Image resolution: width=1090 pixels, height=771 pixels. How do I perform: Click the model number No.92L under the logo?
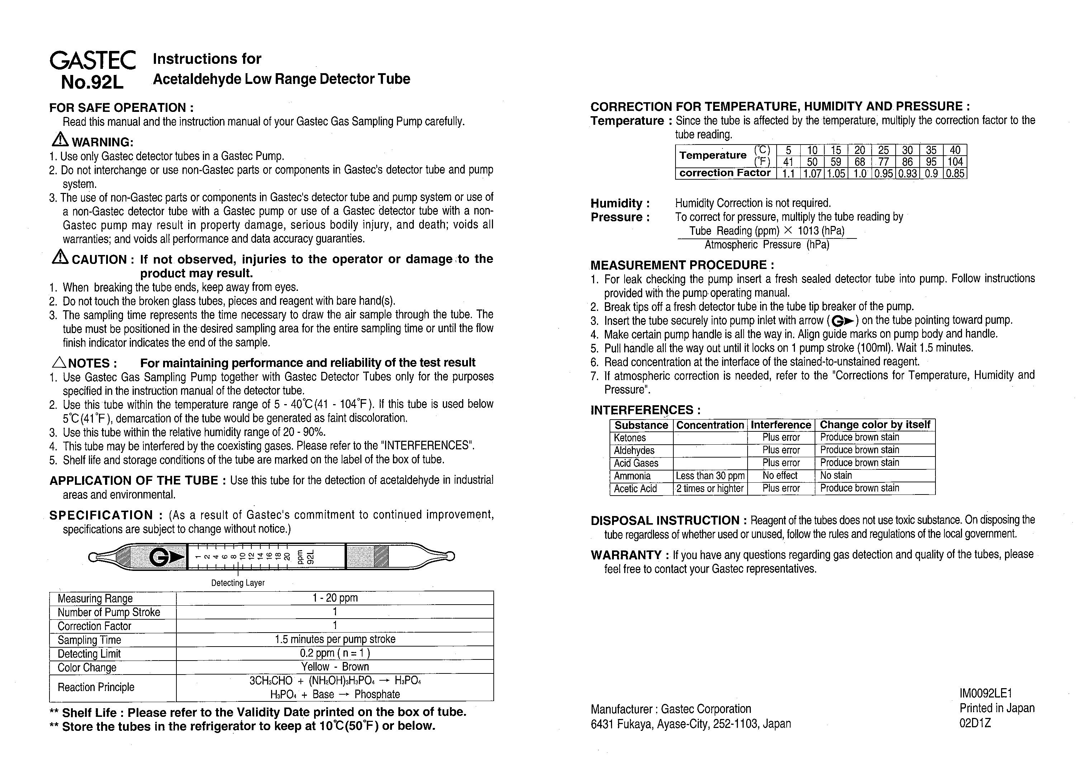click(92, 82)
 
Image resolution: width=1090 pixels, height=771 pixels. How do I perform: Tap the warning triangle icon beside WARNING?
click(60, 139)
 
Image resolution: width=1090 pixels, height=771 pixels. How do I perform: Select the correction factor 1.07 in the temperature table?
click(812, 174)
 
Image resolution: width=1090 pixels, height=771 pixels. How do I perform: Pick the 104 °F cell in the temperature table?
click(955, 162)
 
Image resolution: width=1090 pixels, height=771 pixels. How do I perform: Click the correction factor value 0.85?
click(955, 174)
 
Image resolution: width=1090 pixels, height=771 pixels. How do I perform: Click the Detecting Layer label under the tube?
click(238, 583)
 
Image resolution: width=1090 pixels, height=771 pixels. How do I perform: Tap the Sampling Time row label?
click(89, 640)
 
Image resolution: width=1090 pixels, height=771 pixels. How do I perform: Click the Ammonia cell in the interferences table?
click(632, 476)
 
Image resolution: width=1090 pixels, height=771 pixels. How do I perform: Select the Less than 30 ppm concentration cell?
click(710, 476)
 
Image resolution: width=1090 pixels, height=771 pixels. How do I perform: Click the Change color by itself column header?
click(875, 425)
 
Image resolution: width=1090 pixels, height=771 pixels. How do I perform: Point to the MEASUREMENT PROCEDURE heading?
click(682, 265)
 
